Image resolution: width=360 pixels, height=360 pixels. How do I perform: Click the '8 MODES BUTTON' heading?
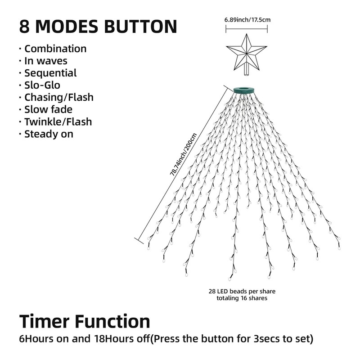pos(98,27)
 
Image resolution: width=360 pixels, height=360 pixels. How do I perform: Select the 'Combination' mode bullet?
pos(55,49)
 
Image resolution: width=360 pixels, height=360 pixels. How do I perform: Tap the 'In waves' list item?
pos(46,61)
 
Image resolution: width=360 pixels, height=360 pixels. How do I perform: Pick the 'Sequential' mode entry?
pos(50,73)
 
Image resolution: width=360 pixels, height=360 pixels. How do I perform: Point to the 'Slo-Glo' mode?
pos(42,85)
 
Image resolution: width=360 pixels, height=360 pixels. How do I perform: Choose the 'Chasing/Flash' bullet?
pos(59,97)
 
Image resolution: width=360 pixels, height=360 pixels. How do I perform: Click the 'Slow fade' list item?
pos(48,109)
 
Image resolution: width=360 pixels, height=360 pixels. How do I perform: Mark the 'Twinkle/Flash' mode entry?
pos(58,121)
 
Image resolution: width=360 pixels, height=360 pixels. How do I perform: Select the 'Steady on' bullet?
pos(49,134)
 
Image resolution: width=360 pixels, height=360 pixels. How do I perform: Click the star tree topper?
pos(246,53)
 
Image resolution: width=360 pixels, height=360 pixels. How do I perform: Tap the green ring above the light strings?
pos(244,90)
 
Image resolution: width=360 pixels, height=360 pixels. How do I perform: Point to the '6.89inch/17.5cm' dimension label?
pos(247,20)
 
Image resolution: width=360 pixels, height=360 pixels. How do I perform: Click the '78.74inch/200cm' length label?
pos(183,154)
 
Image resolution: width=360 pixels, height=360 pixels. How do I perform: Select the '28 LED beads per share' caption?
pos(242,291)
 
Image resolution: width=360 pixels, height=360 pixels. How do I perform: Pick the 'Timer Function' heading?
pos(85,321)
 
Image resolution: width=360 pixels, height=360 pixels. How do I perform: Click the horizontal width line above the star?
pos(247,29)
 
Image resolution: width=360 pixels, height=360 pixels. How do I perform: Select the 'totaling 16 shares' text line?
pos(242,298)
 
